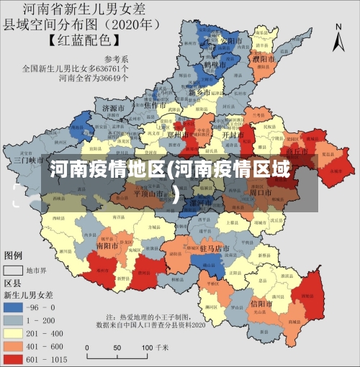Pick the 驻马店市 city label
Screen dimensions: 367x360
click(x=214, y=248)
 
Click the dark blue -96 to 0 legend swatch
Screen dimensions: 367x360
click(x=14, y=307)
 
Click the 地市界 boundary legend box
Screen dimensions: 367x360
click(x=14, y=271)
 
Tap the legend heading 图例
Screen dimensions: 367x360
click(x=14, y=255)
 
